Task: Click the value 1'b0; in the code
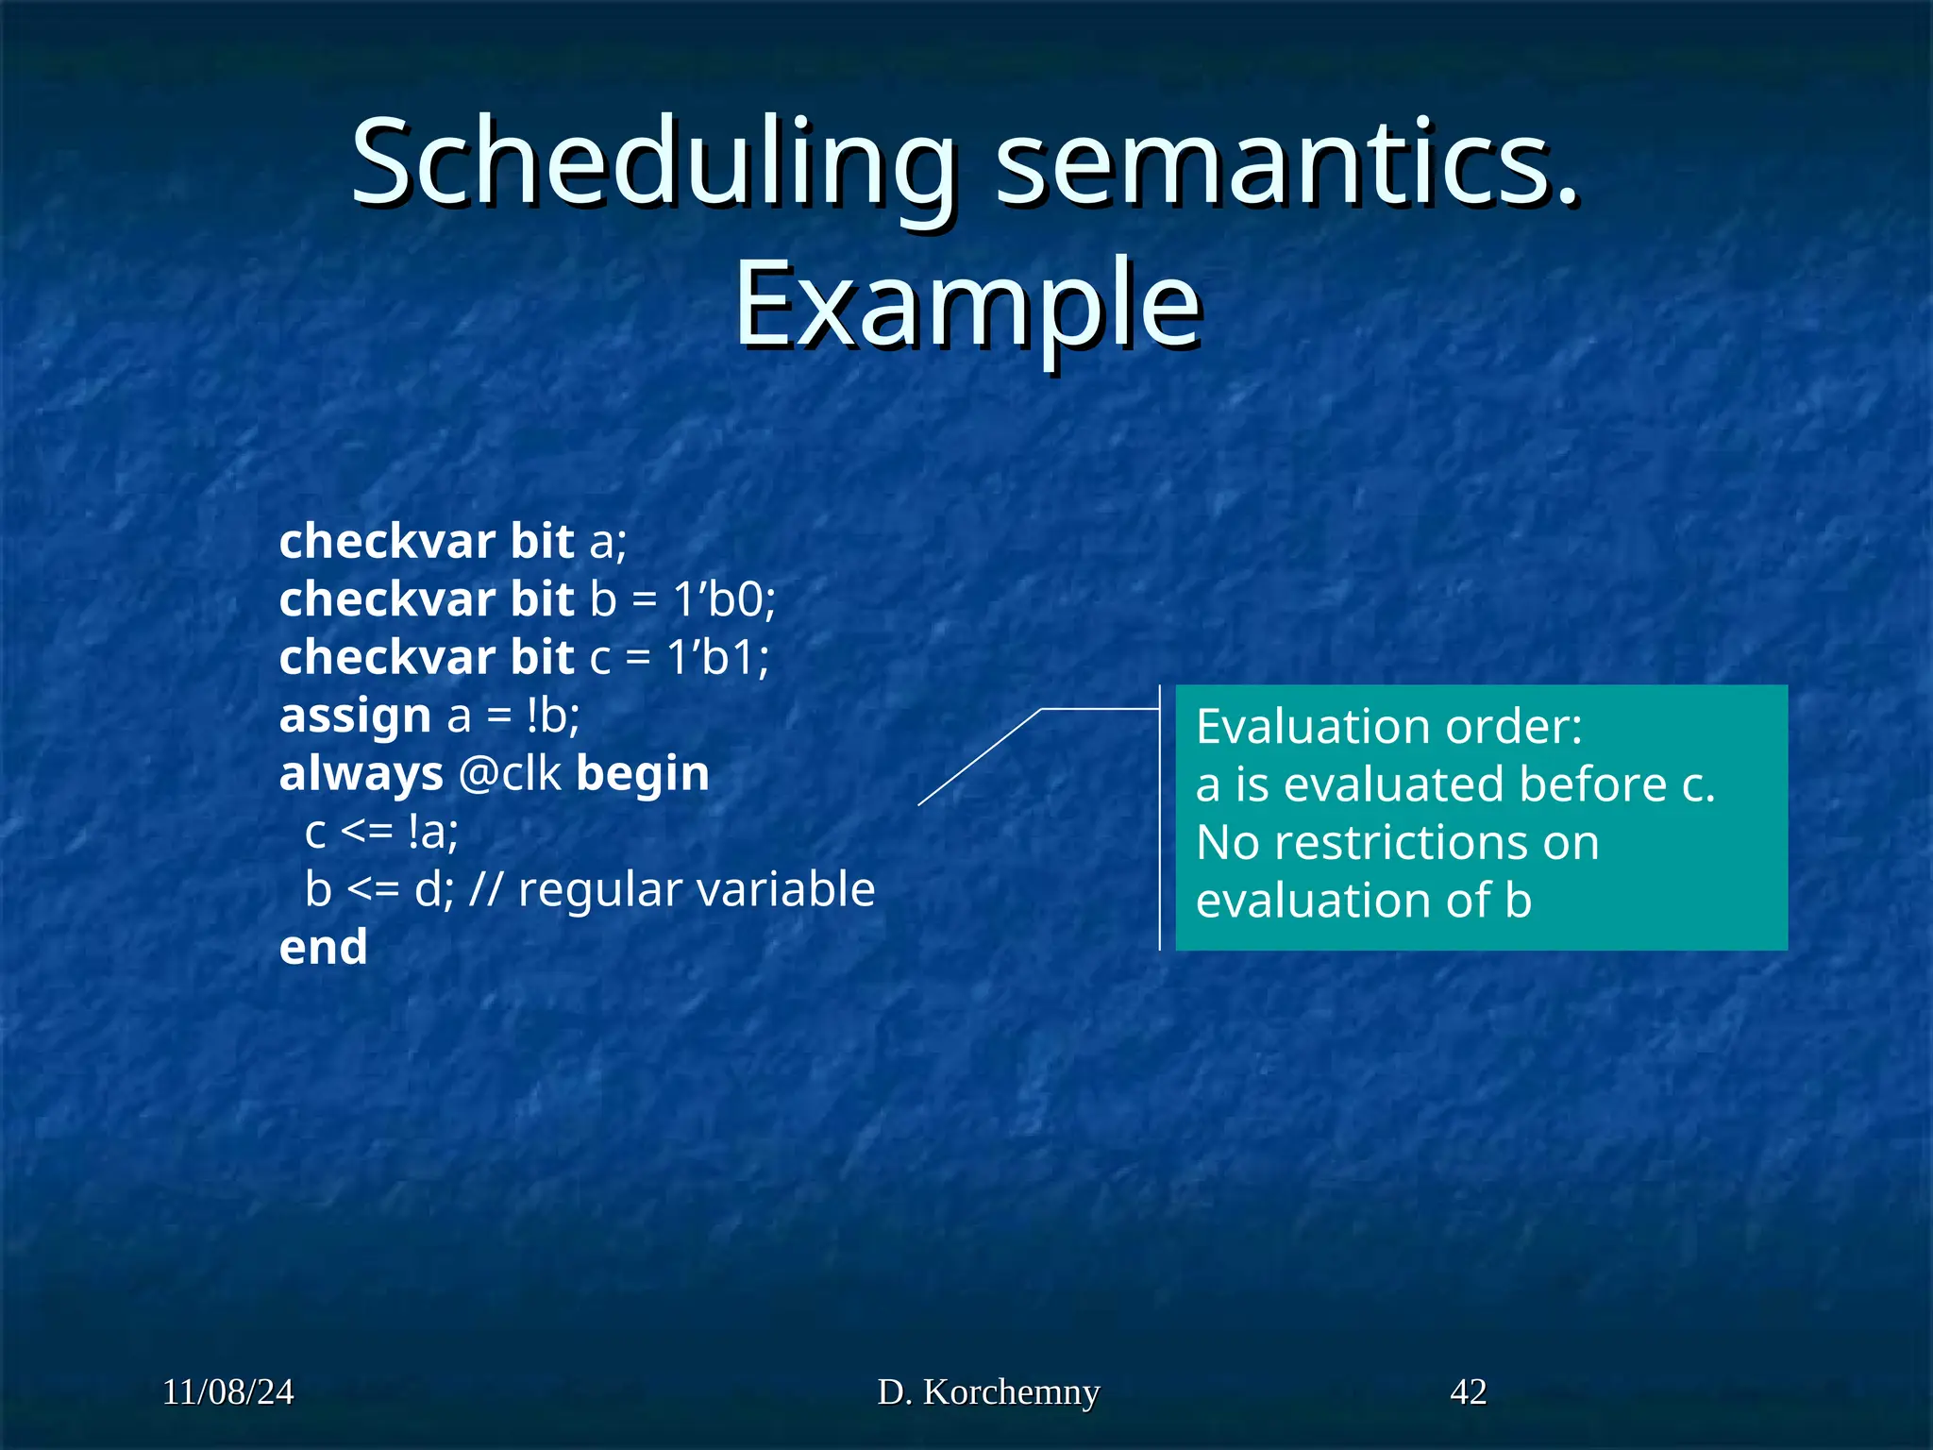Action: [x=723, y=599]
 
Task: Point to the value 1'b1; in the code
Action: [x=717, y=658]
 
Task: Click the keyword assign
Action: [x=355, y=717]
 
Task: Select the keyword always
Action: [x=361, y=775]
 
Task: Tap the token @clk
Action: [x=510, y=775]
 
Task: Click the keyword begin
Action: [x=642, y=775]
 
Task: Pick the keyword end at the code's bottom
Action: [x=323, y=948]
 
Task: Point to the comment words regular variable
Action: [x=697, y=890]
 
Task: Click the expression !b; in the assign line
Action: [x=552, y=717]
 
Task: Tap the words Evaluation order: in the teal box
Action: [x=1388, y=727]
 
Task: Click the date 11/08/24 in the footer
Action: [x=227, y=1392]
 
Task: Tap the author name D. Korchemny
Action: [x=988, y=1392]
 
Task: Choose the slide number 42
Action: [x=1468, y=1392]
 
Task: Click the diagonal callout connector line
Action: [x=980, y=757]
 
